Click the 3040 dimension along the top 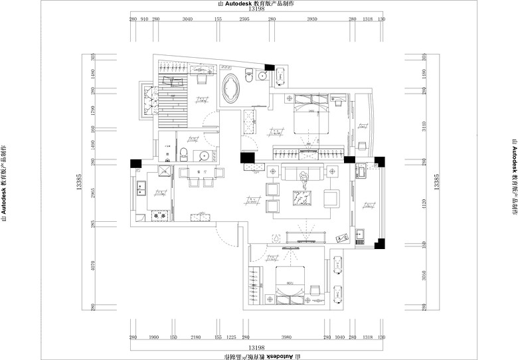(187, 20)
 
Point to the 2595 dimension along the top (244, 20)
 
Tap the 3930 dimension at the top (312, 20)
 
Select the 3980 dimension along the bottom (287, 337)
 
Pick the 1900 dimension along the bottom (153, 337)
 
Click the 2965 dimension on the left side (94, 193)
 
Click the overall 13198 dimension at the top (256, 10)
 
